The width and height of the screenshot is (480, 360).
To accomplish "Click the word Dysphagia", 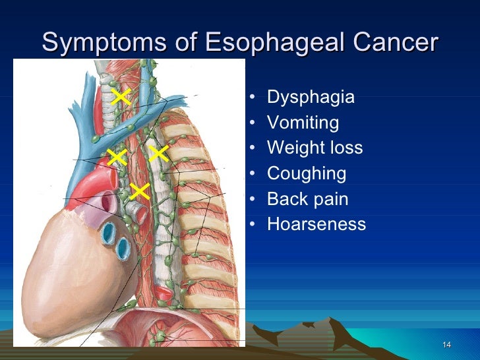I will [311, 98].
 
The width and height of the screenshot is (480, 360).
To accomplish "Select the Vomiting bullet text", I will [303, 123].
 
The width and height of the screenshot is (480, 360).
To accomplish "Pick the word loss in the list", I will [344, 148].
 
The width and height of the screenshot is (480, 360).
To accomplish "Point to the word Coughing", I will [306, 174].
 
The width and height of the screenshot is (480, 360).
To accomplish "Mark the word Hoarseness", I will [316, 224].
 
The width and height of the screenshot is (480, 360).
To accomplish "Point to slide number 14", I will [446, 345].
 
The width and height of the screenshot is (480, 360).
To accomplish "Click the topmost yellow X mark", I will [121, 97].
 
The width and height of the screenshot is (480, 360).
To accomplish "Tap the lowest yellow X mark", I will [139, 191].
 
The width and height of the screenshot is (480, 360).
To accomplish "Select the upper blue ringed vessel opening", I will [107, 232].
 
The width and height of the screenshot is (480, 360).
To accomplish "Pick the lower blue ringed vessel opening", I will [123, 249].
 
